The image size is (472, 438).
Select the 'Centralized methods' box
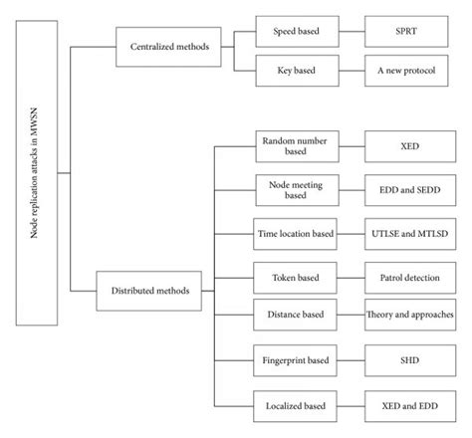[163, 46]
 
